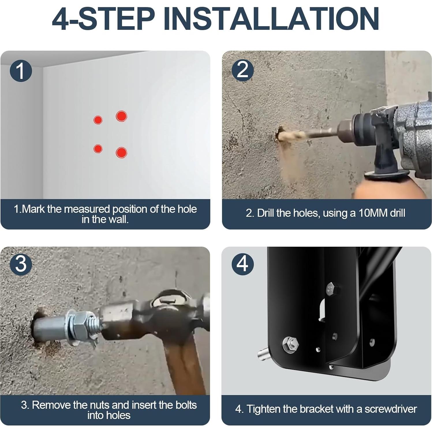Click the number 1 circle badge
(x=20, y=71)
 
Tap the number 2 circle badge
(x=243, y=70)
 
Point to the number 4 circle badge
(x=243, y=264)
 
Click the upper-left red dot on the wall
(x=98, y=119)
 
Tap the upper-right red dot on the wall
(x=121, y=116)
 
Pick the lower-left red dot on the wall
(x=98, y=149)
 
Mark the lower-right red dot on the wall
(x=121, y=152)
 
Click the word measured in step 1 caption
(x=87, y=209)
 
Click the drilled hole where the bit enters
(x=280, y=134)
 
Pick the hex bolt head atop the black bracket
(x=331, y=289)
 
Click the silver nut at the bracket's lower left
(x=291, y=344)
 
